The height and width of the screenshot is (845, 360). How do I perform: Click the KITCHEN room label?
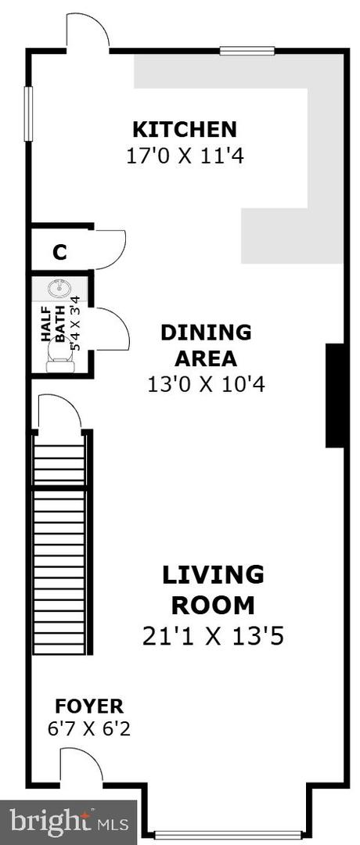coord(185,130)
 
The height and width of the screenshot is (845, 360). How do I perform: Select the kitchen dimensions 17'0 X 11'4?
coord(185,156)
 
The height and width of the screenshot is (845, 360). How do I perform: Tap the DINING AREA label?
coord(206,345)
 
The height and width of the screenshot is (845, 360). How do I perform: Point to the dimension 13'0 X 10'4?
coord(207,385)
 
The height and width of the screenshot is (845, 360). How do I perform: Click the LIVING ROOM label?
coord(213,590)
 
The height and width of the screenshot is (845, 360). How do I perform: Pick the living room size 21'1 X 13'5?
coord(213,637)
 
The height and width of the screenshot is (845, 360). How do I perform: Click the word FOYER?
coord(89,706)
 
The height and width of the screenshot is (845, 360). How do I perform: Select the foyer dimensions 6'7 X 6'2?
coord(89,729)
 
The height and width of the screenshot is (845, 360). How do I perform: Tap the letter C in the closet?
coord(59,252)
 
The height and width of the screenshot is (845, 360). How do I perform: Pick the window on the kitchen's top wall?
coord(247,51)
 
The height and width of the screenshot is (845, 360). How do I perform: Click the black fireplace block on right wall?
coord(335,396)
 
